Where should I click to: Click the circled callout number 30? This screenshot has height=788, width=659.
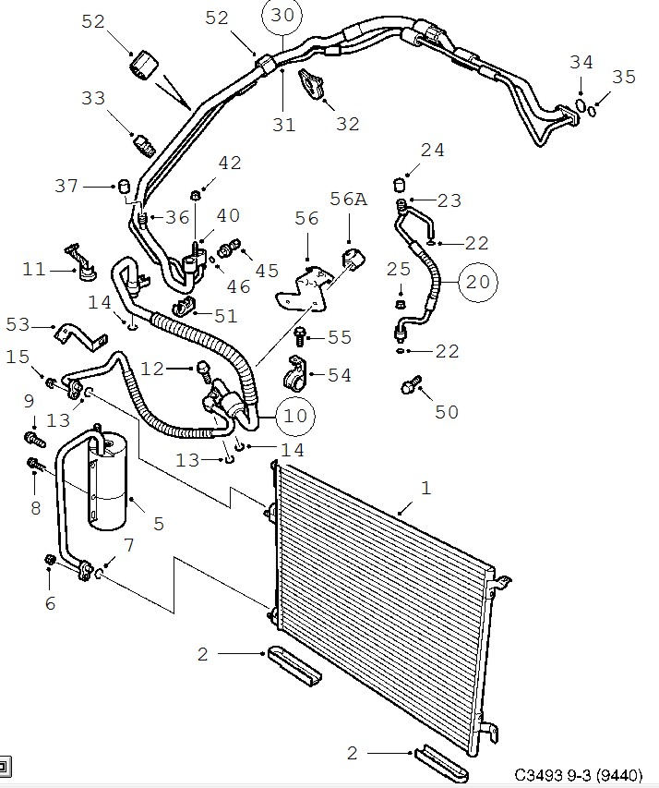click(282, 16)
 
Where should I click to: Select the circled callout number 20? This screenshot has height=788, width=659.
click(477, 282)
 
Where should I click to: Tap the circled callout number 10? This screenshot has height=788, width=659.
click(295, 416)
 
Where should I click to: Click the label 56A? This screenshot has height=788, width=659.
click(348, 199)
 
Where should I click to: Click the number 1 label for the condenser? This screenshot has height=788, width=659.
click(425, 488)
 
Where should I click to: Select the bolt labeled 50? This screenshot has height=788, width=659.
click(411, 385)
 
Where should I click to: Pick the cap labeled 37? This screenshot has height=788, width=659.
click(124, 185)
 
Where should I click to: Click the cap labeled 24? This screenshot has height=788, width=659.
click(399, 184)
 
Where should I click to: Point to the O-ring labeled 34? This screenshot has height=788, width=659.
click(581, 105)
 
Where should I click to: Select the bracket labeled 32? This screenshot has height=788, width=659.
click(312, 84)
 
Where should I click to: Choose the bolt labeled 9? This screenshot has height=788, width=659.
click(34, 439)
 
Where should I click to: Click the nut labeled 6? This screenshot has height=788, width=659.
click(50, 559)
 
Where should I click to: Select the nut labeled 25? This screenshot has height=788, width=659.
click(401, 304)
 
